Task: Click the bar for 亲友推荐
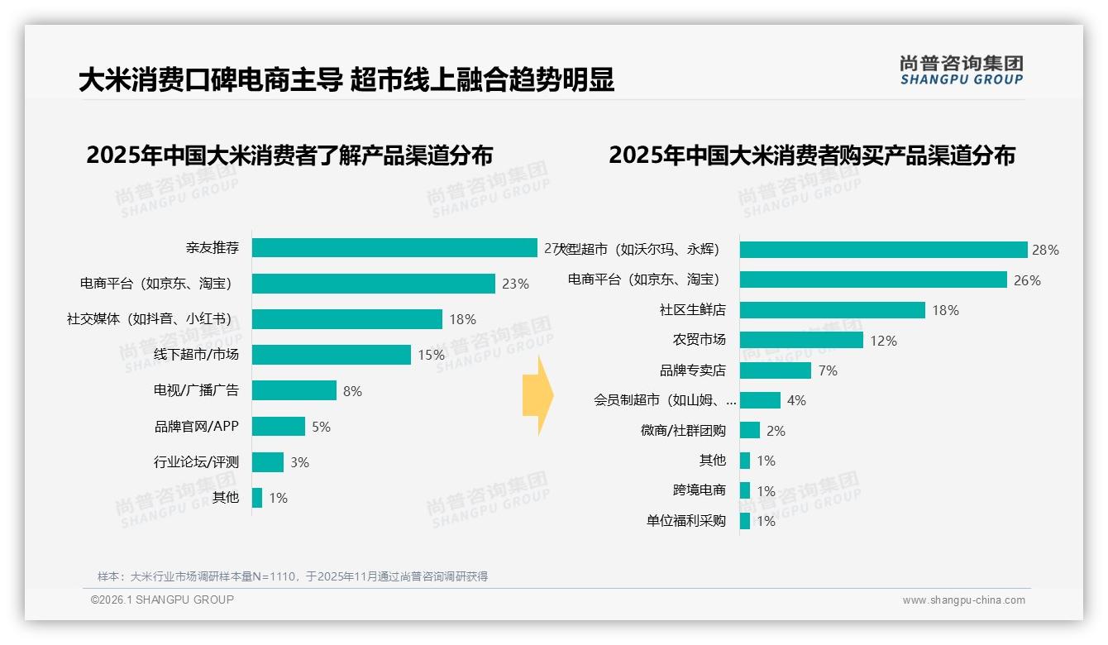[x=394, y=248]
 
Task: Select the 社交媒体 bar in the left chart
[x=347, y=319]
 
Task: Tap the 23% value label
[x=515, y=284]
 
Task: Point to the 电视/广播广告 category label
[x=196, y=390]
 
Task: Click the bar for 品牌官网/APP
[x=279, y=427]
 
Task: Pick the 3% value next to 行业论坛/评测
[x=299, y=462]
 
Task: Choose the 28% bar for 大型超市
[x=883, y=250]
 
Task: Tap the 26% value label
[x=1027, y=280]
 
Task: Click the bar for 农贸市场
[x=801, y=340]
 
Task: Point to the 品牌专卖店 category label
[x=692, y=370]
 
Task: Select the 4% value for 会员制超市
[x=796, y=401]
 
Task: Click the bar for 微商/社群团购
[x=750, y=430]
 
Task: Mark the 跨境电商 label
[x=699, y=490]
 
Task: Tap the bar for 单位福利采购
[x=745, y=521]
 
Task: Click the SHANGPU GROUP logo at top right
[x=961, y=70]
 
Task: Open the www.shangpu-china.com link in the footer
[x=963, y=600]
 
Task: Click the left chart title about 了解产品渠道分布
[x=289, y=155]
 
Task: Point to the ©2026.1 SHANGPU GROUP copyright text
[x=162, y=600]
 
